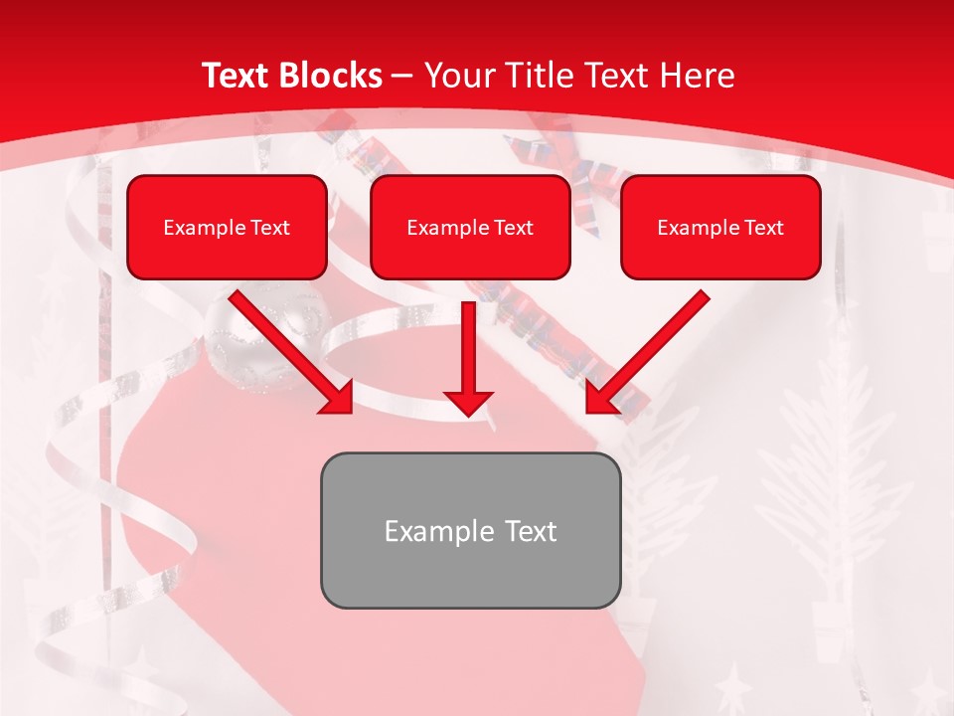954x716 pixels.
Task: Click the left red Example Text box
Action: [x=227, y=228]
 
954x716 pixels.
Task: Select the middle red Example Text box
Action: [x=470, y=228]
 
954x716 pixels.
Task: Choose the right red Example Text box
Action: [x=720, y=228]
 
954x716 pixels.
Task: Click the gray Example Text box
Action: [x=470, y=530]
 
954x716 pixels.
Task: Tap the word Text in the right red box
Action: [x=763, y=228]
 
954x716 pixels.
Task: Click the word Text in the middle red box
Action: [x=513, y=228]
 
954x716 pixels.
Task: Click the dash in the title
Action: [x=403, y=76]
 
